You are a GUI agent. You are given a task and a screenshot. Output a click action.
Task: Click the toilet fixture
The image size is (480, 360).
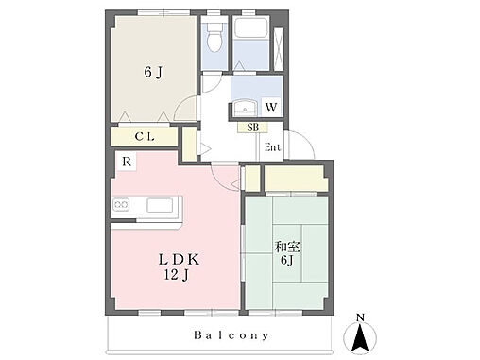coord(215,37)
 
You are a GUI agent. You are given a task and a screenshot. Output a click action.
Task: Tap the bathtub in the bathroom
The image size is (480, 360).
coord(250,28)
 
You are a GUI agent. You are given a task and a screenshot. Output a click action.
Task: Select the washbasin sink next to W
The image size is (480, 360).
coord(245,108)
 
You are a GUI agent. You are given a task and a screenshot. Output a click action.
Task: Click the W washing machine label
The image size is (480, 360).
coord(271,108)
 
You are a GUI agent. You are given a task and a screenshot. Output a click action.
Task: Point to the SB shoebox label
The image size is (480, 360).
coord(253,128)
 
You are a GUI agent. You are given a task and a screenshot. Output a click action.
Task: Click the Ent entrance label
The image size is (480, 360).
coord(272,146)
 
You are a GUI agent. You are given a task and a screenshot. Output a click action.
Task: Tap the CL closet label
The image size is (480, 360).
coord(145,137)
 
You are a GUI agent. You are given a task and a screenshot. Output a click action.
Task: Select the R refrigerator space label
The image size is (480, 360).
coord(127,162)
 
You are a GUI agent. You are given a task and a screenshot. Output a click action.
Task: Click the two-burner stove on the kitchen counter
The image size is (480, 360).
coord(121,205)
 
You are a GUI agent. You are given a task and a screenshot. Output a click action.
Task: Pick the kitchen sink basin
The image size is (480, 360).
coord(160,205)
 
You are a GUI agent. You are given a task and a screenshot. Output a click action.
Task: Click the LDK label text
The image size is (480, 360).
coord(179,260)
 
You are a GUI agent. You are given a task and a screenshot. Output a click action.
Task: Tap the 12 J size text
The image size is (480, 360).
coord(176,275)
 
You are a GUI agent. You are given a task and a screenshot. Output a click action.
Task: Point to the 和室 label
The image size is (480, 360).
coord(287,247)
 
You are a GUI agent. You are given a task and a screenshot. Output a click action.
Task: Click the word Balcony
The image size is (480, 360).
coord(231,335)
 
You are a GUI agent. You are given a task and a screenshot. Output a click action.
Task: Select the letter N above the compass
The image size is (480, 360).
coord(360,317)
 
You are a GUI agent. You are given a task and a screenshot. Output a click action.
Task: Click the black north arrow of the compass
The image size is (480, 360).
coord(360,338)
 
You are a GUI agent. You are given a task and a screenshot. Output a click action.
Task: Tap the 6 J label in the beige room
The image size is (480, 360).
coord(153,72)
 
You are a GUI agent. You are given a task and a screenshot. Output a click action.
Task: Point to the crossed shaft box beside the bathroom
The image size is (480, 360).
coord(279,49)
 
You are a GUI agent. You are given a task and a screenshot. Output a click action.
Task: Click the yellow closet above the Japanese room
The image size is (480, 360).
coord(294,179)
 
